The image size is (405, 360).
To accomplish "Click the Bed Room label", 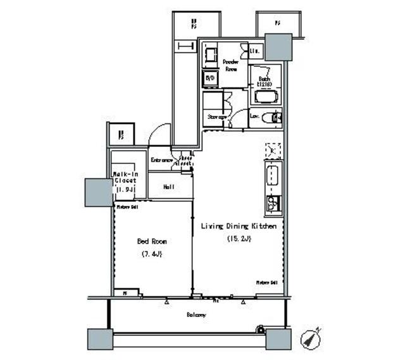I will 152,241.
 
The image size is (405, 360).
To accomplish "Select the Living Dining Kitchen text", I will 239,226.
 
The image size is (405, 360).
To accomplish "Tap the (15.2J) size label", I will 239,239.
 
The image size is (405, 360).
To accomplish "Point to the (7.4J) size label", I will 152,254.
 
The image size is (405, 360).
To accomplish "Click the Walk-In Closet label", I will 125,180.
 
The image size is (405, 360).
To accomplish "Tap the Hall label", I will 168,187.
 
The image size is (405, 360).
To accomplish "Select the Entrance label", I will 161,161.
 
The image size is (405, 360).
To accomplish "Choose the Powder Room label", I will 230,65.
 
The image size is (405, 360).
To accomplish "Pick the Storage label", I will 216,116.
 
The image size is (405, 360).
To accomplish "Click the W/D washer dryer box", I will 209,78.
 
